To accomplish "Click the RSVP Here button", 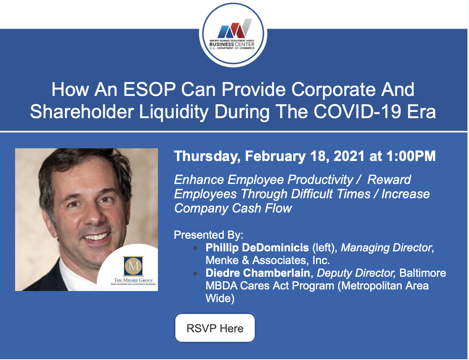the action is pyautogui.click(x=215, y=328).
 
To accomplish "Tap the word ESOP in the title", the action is pyautogui.click(x=149, y=89).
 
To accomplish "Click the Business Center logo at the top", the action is pyautogui.click(x=233, y=35).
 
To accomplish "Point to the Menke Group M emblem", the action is pyautogui.click(x=133, y=266).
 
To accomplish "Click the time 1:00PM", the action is pyautogui.click(x=411, y=156).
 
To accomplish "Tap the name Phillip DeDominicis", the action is pyautogui.click(x=257, y=248).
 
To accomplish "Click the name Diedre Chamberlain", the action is pyautogui.click(x=258, y=273).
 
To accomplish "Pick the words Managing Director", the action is pyautogui.click(x=386, y=248).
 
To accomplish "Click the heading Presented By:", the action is pyautogui.click(x=208, y=235).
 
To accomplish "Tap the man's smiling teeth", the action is pyautogui.click(x=96, y=237).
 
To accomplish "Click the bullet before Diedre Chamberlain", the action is pyautogui.click(x=195, y=273).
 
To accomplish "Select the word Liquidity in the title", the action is pyautogui.click(x=174, y=112).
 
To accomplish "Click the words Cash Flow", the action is pyautogui.click(x=262, y=208).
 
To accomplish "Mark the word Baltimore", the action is pyautogui.click(x=423, y=273).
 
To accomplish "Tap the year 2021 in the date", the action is pyautogui.click(x=349, y=156).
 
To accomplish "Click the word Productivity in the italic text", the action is pyautogui.click(x=320, y=180).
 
